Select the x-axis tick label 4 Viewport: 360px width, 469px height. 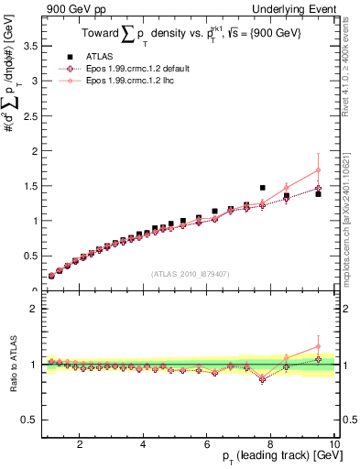[x=143, y=443]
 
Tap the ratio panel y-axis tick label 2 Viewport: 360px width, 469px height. [x=34, y=309]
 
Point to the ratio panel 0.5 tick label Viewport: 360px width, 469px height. [x=29, y=420]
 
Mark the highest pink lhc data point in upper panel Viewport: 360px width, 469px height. [x=318, y=169]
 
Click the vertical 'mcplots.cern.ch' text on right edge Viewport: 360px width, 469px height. [x=351, y=211]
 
